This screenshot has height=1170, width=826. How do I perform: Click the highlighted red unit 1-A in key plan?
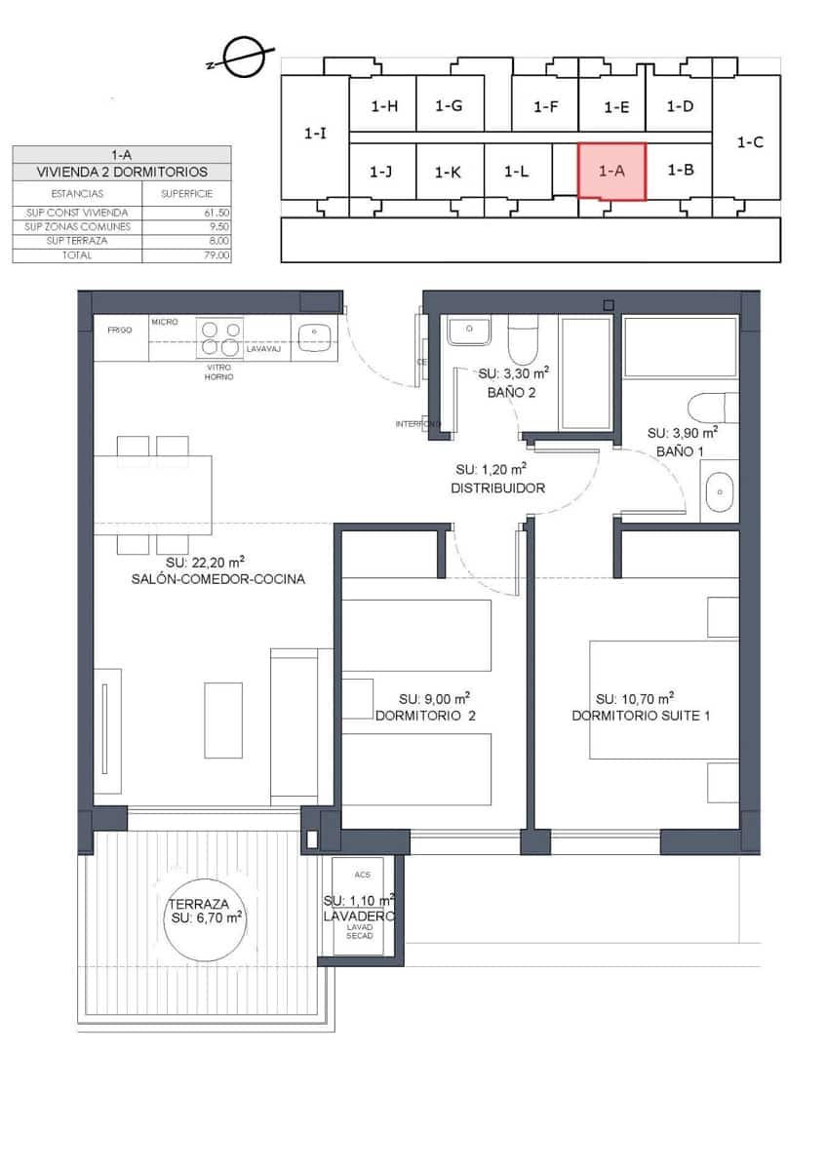[611, 171]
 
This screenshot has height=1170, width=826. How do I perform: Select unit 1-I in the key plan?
[315, 135]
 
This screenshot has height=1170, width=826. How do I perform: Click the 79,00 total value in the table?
[216, 255]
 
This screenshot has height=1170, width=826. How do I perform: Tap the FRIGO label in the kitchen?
[120, 331]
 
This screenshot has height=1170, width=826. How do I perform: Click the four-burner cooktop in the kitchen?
[219, 337]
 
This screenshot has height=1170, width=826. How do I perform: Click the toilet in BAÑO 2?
[523, 341]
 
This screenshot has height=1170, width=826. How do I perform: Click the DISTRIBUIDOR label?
[497, 488]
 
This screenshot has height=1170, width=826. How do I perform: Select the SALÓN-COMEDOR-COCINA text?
[218, 579]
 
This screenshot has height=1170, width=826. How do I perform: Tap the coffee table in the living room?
[223, 720]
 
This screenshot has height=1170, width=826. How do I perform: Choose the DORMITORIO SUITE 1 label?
[641, 716]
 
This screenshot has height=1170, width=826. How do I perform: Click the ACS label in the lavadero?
[363, 875]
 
